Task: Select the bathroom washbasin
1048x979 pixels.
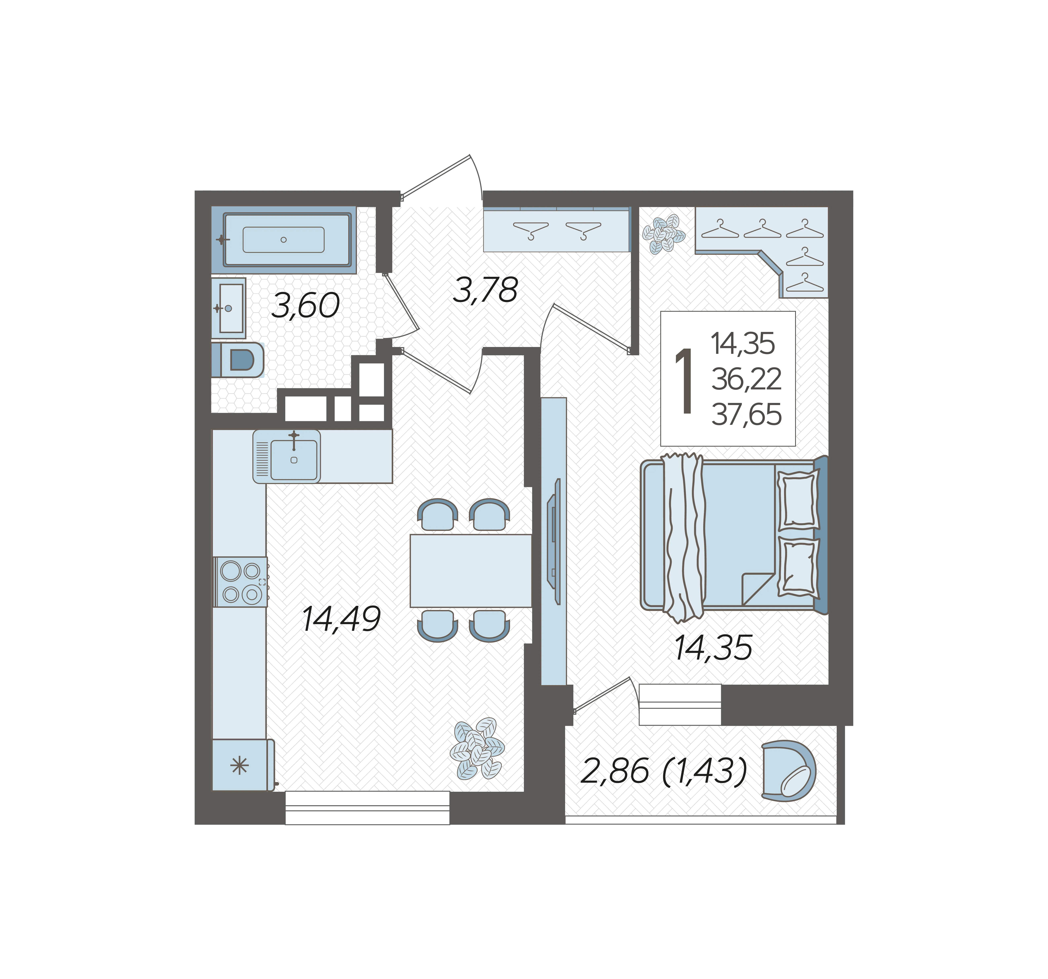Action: pyautogui.click(x=229, y=308)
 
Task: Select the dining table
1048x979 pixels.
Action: pyautogui.click(x=471, y=571)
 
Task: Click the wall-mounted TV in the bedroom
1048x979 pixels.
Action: pyautogui.click(x=554, y=541)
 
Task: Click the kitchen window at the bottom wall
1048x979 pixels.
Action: pyautogui.click(x=367, y=808)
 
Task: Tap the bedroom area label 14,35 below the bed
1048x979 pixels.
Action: pyautogui.click(x=713, y=648)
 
